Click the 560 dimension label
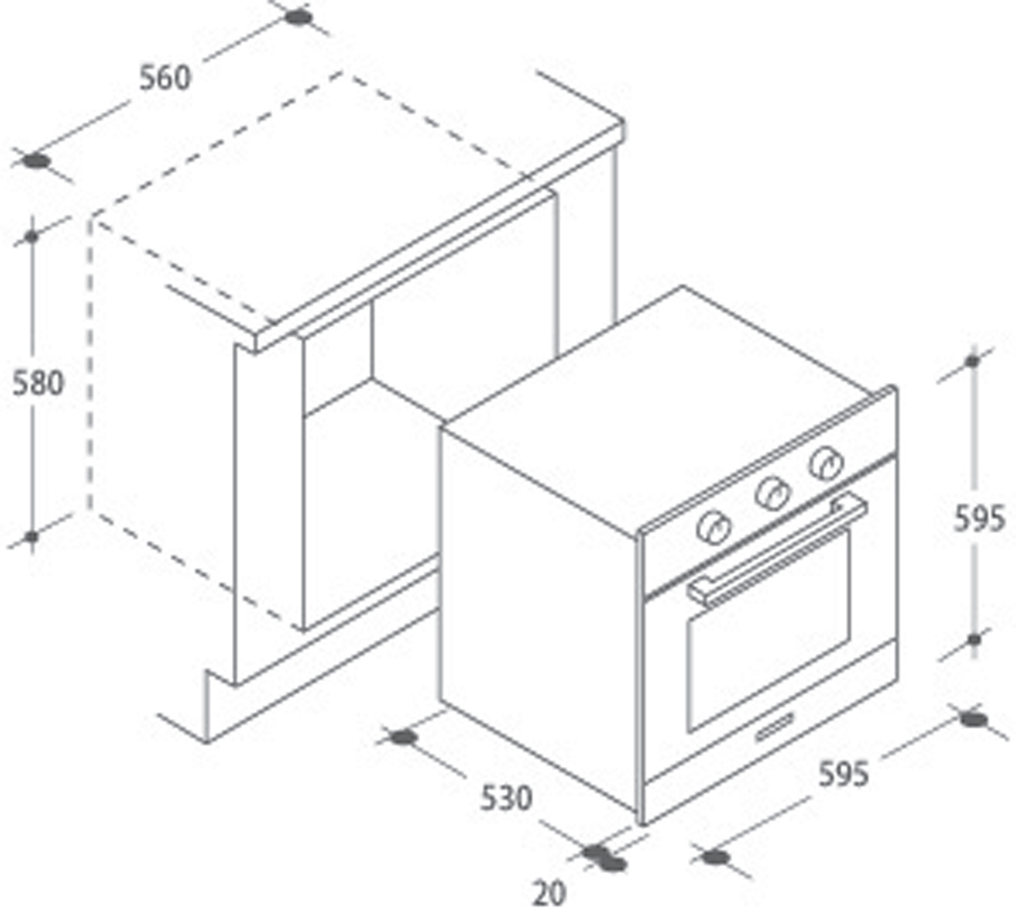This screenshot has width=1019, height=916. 166,78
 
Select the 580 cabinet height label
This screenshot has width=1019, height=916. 38,383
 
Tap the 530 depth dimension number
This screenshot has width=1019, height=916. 506,798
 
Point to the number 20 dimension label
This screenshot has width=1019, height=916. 549,894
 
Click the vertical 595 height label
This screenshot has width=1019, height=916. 980,518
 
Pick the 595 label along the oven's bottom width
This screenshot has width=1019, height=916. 843,774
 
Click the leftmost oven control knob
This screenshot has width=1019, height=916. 714,527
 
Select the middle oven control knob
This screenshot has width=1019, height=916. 772,495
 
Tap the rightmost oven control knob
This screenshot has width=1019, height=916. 827,463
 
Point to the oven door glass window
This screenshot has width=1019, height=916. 768,630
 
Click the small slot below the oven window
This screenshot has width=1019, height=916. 774,725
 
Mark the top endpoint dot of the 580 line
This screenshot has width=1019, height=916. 32,236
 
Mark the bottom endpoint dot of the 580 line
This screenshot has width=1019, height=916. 31,537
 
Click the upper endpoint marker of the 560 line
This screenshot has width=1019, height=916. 299,16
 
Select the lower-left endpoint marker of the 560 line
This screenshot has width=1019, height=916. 37,160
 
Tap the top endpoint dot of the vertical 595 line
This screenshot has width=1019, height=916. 972,361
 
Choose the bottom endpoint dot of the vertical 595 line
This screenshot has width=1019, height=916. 973,640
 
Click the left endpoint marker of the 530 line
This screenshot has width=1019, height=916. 402,737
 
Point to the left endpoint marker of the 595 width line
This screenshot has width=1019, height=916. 716,857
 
